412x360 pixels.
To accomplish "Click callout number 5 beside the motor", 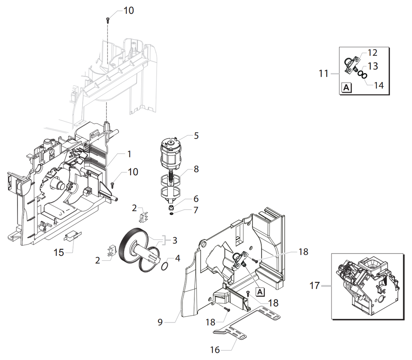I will tap(196, 136).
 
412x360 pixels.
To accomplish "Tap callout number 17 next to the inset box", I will tap(315, 286).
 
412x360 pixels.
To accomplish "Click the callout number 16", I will tap(215, 350).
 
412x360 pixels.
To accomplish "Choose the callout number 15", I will tap(59, 252).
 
